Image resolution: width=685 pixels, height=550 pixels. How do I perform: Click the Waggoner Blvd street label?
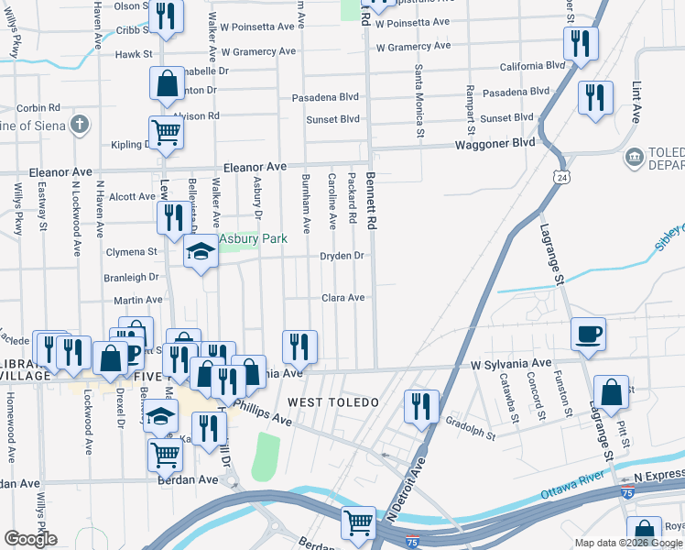pyautogui.click(x=495, y=144)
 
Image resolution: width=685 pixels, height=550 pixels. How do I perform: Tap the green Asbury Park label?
pyautogui.click(x=253, y=239)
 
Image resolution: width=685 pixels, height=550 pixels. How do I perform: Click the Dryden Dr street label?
pyautogui.click(x=343, y=256)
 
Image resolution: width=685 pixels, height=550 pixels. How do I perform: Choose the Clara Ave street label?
pyautogui.click(x=343, y=298)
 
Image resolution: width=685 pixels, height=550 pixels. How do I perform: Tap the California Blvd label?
pyautogui.click(x=531, y=66)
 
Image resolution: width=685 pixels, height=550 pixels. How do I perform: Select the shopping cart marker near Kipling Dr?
pyautogui.click(x=166, y=131)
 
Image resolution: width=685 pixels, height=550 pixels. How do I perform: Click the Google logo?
pyautogui.click(x=30, y=539)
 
